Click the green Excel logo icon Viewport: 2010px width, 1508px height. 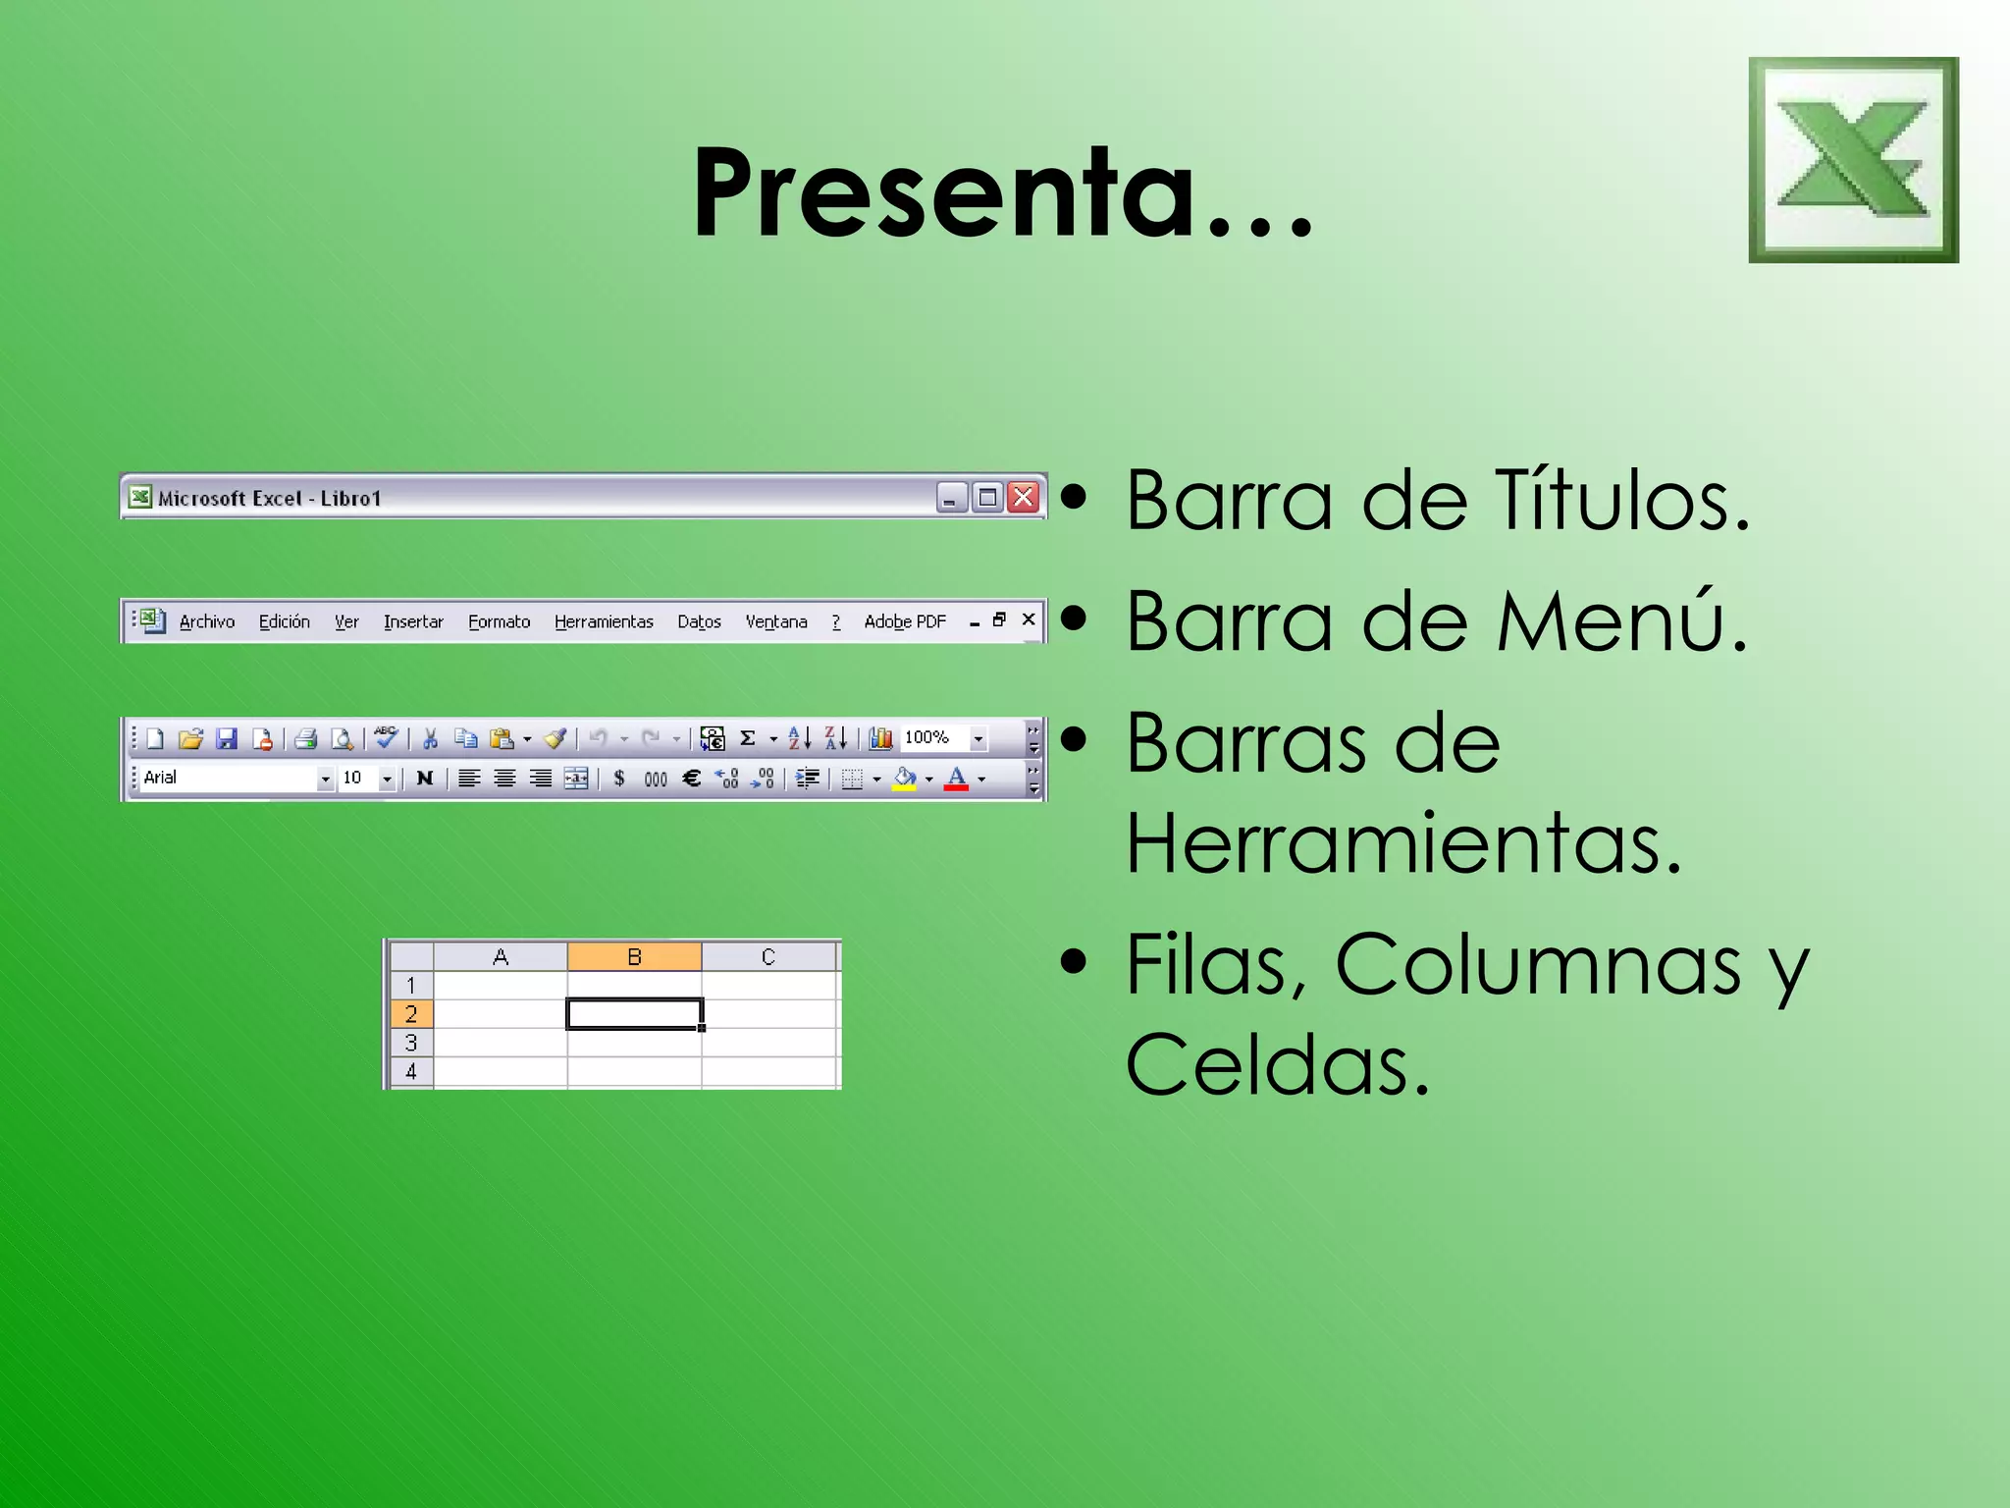[1853, 160]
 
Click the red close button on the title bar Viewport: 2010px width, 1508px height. [1023, 498]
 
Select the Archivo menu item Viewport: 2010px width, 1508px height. [207, 621]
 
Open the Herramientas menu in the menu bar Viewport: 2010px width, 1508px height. [604, 621]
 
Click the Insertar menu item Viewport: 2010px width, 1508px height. [413, 621]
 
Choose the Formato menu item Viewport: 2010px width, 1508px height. [499, 621]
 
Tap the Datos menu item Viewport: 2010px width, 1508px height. [699, 621]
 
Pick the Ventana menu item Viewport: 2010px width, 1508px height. [776, 621]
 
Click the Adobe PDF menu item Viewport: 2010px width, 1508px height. [905, 621]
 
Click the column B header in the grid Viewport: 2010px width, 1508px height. [634, 956]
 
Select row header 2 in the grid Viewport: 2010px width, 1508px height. [411, 1013]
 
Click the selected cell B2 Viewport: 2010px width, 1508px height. [634, 1013]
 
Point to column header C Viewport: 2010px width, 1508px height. [768, 956]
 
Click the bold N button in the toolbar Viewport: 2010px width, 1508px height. [424, 778]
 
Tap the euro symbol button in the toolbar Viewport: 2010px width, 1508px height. [692, 778]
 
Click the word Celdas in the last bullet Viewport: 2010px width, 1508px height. [1276, 1065]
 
